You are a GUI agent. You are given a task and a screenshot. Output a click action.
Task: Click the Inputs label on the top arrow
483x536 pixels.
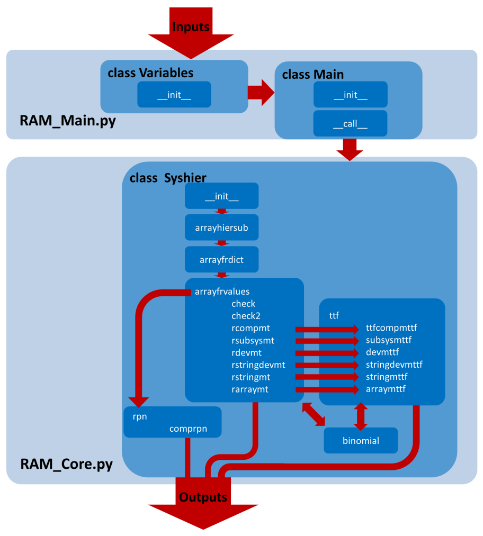point(191,27)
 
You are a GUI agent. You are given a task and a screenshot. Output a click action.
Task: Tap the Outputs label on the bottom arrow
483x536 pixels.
point(203,497)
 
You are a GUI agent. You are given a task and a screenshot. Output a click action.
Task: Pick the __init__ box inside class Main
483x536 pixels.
point(350,95)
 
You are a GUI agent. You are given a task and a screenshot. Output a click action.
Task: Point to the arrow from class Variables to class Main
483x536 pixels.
point(261,93)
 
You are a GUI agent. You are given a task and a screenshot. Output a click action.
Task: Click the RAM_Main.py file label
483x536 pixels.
point(68,121)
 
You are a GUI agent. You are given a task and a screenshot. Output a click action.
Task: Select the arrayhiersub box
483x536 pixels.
point(221,228)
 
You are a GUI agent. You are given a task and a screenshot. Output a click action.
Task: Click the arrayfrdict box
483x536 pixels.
point(221,259)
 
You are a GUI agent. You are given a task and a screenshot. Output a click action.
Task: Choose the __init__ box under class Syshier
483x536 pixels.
point(221,196)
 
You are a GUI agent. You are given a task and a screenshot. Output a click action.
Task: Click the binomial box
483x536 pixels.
point(360,440)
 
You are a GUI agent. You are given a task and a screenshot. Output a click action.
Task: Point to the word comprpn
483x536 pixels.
point(188,429)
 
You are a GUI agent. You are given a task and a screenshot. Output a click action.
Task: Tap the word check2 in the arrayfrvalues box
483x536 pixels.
point(246,316)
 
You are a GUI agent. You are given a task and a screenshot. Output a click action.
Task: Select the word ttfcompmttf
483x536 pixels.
point(391,328)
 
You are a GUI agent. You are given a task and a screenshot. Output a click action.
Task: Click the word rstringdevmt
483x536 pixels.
point(258,365)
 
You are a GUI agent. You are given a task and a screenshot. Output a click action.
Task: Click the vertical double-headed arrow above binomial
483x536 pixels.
point(361,416)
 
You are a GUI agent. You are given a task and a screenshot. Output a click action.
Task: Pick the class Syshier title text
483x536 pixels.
point(168,178)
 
